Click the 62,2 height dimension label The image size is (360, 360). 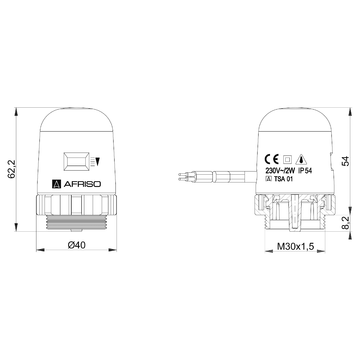point(12,169)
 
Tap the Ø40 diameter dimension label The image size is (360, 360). point(76,245)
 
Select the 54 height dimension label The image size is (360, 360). point(346,161)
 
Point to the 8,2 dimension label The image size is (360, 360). point(346,222)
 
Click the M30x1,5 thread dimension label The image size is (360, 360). point(296,247)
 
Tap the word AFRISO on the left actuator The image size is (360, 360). point(82,184)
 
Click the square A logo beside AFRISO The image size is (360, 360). point(57,184)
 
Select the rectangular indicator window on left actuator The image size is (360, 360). point(76,161)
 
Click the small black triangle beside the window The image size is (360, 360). point(98,162)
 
